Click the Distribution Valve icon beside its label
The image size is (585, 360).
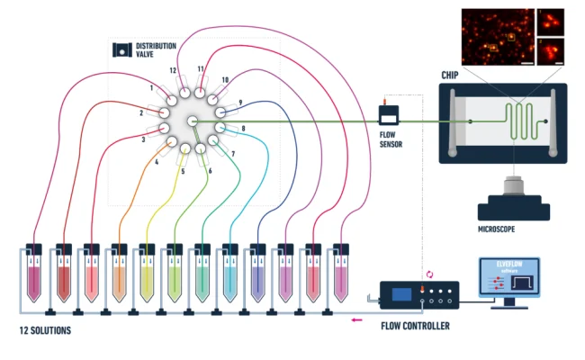(x=121, y=50)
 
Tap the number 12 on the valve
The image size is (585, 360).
(x=174, y=70)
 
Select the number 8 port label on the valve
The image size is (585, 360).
(x=241, y=130)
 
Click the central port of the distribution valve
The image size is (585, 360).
(x=192, y=121)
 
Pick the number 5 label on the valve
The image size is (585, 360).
(x=183, y=171)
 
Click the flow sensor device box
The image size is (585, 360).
(x=389, y=115)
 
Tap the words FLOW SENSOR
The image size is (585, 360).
(x=389, y=139)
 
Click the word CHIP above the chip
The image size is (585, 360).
(x=451, y=75)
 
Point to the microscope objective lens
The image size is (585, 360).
(x=514, y=189)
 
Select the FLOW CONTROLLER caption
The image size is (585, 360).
(x=415, y=326)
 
